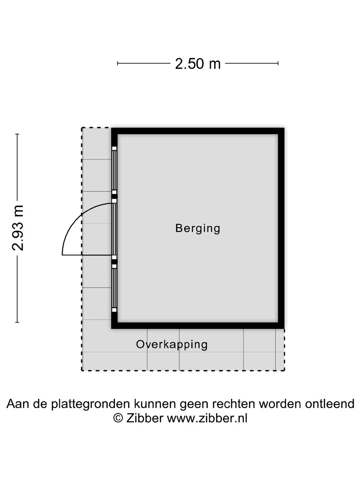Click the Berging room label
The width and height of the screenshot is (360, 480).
198,228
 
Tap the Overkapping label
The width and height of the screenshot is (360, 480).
172,344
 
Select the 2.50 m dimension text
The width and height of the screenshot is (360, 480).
198,64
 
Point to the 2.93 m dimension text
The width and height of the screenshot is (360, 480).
18,228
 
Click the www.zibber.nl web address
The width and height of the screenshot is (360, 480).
207,418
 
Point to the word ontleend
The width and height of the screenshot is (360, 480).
329,404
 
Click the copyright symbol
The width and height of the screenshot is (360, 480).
118,418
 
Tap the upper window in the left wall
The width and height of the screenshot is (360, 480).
114,170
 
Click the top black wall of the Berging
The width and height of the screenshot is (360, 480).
198,131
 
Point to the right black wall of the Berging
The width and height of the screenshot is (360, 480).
281,228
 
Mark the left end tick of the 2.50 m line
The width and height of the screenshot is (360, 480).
118,63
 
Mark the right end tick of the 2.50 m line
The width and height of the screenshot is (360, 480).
278,63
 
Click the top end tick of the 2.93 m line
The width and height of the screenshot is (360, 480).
17,134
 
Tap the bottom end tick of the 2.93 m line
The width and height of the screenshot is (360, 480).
17,322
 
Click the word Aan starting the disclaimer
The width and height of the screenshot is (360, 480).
18,404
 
